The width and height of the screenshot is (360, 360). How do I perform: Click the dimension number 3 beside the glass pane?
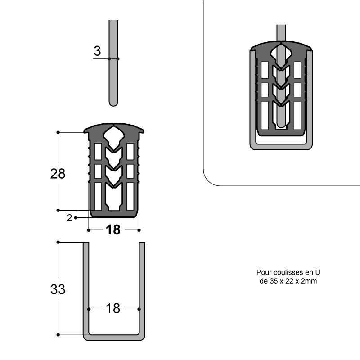(x=97, y=51)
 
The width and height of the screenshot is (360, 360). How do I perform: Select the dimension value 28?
(x=58, y=174)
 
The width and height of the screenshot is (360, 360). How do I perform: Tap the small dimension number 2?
(x=69, y=218)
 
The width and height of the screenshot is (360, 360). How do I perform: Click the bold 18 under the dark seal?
(x=113, y=230)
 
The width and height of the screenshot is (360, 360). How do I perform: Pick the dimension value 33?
(x=58, y=289)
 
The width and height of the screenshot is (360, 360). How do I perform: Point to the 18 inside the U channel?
(x=113, y=309)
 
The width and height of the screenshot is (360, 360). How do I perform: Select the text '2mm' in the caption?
(x=309, y=281)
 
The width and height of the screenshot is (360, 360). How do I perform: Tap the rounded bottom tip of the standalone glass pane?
(x=113, y=106)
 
